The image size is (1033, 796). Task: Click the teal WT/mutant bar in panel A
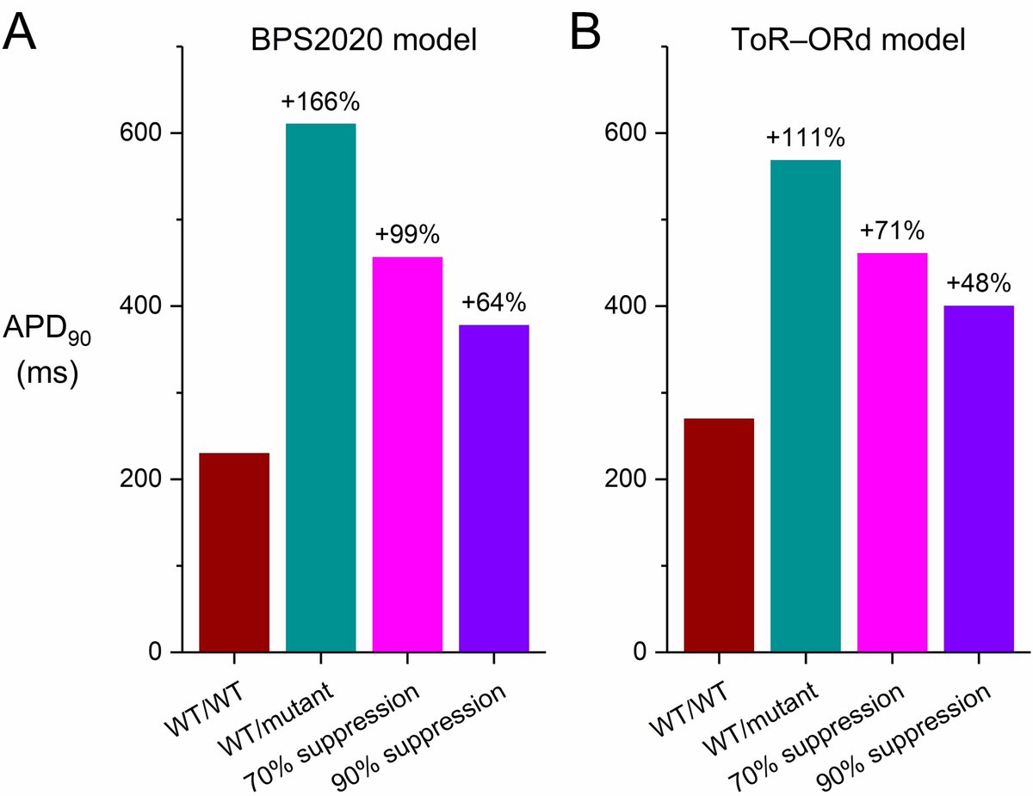click(320, 387)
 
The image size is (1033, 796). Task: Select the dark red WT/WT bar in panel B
click(719, 534)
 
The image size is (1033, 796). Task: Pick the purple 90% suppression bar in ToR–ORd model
click(979, 478)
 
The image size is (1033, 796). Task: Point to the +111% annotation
click(806, 138)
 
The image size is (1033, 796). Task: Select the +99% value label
click(407, 235)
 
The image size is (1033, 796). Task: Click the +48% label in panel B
click(979, 283)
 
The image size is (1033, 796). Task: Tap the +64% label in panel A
click(493, 303)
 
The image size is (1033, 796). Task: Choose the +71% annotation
click(892, 231)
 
